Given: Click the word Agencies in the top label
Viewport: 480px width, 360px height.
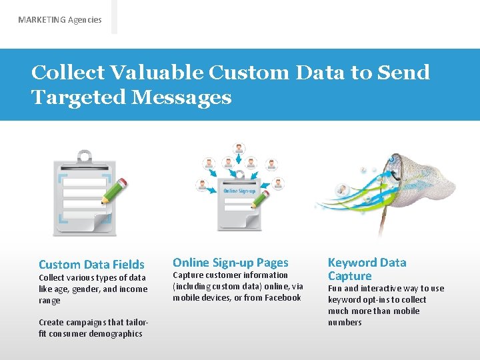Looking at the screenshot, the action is coord(85,20).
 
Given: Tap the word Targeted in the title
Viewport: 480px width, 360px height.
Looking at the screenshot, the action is coord(78,97).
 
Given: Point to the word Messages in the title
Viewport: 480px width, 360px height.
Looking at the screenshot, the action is coord(181,97).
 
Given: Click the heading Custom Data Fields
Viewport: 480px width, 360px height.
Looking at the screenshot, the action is coord(91,265).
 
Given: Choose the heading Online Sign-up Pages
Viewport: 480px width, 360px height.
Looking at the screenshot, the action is coord(231,263).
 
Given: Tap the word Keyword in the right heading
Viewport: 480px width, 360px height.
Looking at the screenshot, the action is coord(352,263).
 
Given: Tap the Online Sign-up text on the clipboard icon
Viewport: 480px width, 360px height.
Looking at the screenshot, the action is coord(239,191).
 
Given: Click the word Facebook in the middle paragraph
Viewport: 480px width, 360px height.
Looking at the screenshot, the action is coord(283,298).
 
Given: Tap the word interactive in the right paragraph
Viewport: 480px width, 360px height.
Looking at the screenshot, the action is coord(386,289).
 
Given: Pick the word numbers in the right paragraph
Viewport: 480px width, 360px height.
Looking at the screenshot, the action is coord(345,323).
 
